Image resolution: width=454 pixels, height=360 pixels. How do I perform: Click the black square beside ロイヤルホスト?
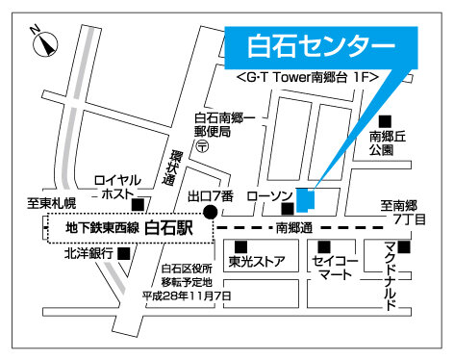139,203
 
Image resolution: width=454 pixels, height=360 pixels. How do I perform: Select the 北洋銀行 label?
88,253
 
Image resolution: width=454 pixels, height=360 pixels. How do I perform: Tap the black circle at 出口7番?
205,215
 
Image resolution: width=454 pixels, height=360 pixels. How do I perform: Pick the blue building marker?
305,199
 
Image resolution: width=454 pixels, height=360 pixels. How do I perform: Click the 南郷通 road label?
294,229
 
